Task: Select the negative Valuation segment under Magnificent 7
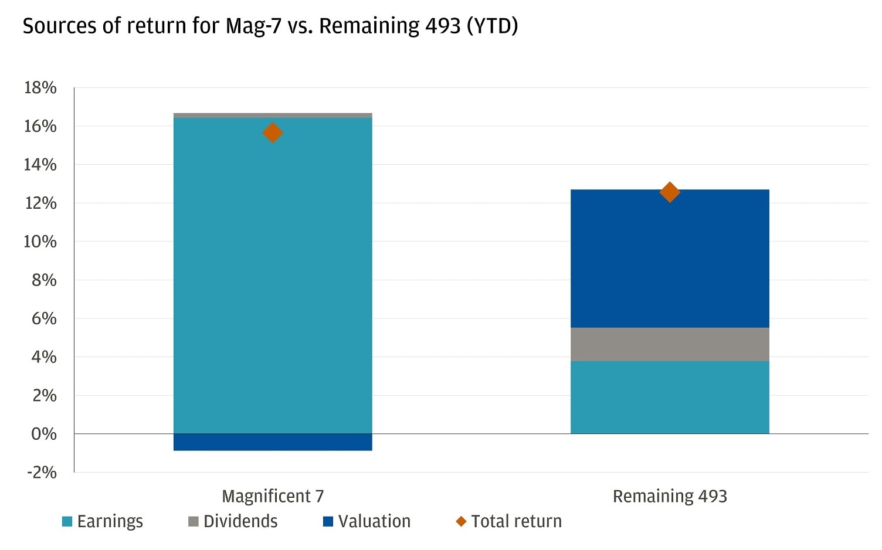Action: [x=273, y=442]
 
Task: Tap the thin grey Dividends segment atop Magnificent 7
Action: [x=273, y=116]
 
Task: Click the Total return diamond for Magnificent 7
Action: [x=273, y=133]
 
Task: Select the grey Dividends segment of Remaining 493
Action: [x=670, y=344]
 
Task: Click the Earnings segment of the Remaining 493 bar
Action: [x=670, y=398]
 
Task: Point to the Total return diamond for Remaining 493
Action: [x=670, y=192]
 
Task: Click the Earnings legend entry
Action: [x=103, y=521]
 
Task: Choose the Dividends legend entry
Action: [x=233, y=521]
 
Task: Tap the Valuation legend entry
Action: [x=367, y=521]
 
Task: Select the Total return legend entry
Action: [x=509, y=521]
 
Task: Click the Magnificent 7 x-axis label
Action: [x=273, y=496]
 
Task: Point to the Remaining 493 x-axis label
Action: [x=670, y=496]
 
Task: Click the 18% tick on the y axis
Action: [x=40, y=88]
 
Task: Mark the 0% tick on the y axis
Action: [x=44, y=434]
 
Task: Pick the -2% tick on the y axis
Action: [x=42, y=473]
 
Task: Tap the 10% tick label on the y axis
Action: [x=40, y=242]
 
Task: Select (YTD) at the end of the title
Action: [x=492, y=26]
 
